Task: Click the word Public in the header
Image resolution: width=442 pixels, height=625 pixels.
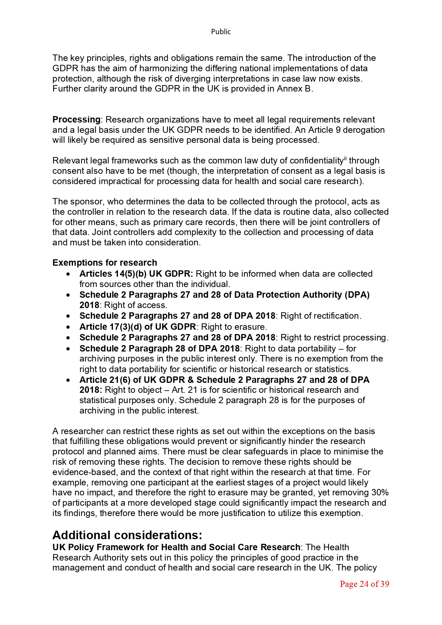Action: [221, 32]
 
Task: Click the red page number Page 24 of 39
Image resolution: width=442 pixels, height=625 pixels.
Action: [364, 584]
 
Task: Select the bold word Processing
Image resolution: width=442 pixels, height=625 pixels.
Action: [76, 120]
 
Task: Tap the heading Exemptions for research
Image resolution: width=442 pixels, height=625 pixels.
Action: [104, 263]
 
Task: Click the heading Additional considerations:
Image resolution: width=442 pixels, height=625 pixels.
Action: [127, 535]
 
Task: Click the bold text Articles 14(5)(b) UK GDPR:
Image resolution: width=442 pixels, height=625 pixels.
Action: [136, 274]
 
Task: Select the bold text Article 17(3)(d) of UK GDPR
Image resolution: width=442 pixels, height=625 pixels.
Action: [138, 327]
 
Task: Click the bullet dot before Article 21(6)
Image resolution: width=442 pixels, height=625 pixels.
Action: [68, 380]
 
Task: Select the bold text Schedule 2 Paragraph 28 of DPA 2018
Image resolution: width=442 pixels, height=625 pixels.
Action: [159, 349]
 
